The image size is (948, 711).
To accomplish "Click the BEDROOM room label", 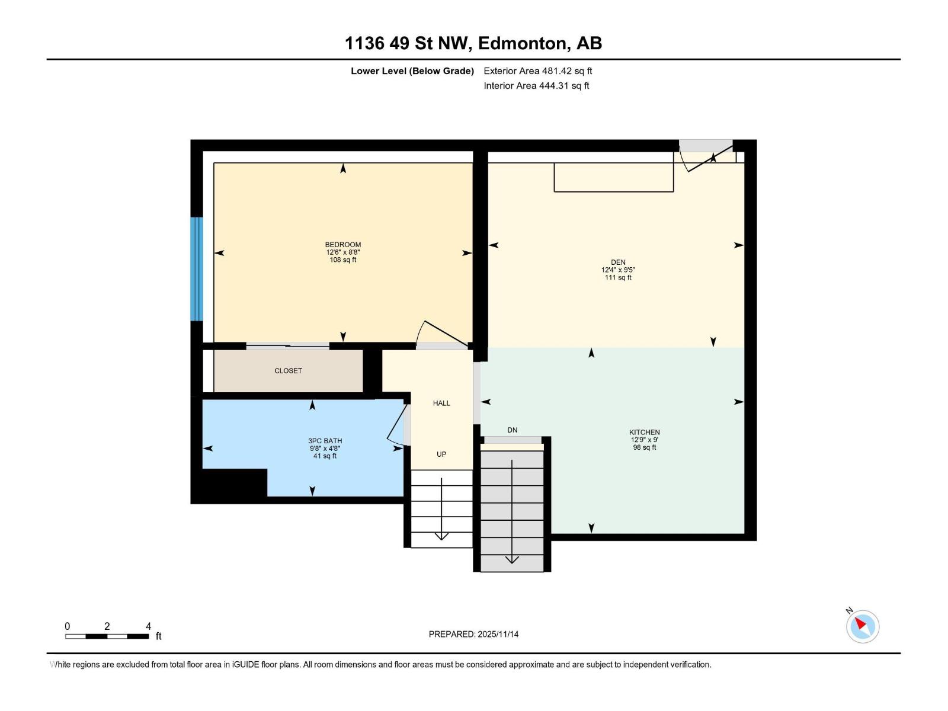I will point(342,245).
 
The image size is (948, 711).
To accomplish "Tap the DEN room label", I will point(618,262).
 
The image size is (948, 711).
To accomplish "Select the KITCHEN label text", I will point(644,433).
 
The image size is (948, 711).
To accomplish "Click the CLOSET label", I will point(288,371).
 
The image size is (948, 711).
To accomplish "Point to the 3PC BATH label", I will point(325,441).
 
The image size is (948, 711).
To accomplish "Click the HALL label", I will point(441,403).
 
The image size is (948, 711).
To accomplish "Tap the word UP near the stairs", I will point(441,454).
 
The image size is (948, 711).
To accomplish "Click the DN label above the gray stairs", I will point(513,430).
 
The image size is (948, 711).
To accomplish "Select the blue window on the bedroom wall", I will point(196,268).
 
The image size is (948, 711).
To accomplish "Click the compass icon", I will point(862,626).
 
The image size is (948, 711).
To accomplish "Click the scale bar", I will point(107,636).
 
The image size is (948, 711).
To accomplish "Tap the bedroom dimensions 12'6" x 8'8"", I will point(342,252).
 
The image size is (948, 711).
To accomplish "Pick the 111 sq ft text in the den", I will point(618,278).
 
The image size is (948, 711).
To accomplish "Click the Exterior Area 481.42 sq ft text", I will point(537,71).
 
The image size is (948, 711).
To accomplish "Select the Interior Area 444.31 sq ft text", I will point(536,86).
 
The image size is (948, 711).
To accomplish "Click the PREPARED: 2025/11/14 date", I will point(473,634).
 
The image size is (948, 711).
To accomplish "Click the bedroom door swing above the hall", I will point(441,334).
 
